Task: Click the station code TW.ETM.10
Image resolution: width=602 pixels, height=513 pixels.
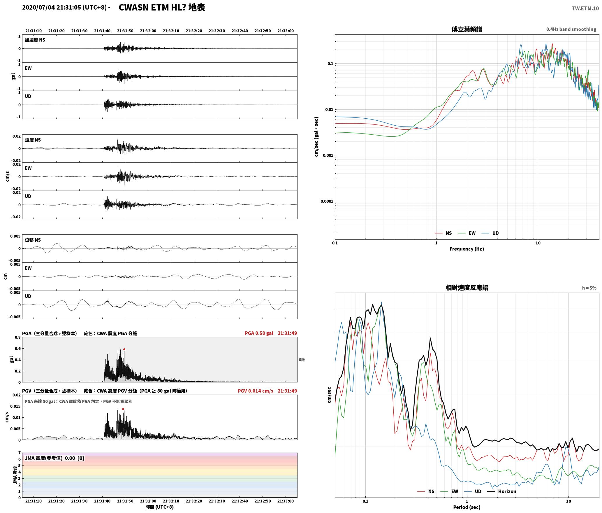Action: point(585,8)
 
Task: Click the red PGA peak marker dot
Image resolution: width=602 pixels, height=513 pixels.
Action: point(124,349)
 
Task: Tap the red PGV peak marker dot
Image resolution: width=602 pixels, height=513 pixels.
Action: point(123,409)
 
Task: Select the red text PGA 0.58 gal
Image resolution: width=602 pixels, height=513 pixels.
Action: point(259,333)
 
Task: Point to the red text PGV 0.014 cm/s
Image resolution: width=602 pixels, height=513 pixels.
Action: point(255,391)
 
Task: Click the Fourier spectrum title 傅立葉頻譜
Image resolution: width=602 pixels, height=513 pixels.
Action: point(467,29)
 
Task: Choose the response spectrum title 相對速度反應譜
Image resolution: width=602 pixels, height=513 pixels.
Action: point(467,288)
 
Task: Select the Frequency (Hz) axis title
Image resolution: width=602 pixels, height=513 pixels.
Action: point(467,249)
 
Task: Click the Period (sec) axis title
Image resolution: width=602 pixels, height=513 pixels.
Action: point(467,507)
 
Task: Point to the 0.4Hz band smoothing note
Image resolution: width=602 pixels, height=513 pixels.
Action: point(571,29)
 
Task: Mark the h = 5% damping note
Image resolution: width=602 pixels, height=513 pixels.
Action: point(589,288)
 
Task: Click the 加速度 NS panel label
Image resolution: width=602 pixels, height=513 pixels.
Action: point(35,40)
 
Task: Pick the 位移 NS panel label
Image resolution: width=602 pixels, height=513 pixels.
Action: point(33,240)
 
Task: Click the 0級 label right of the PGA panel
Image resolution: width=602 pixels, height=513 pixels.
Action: point(302,360)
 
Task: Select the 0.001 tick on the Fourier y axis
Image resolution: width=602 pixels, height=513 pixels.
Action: point(328,155)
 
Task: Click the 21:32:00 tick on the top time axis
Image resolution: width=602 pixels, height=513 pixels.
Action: point(148,31)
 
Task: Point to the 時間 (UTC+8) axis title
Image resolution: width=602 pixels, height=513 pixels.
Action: point(160,507)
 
